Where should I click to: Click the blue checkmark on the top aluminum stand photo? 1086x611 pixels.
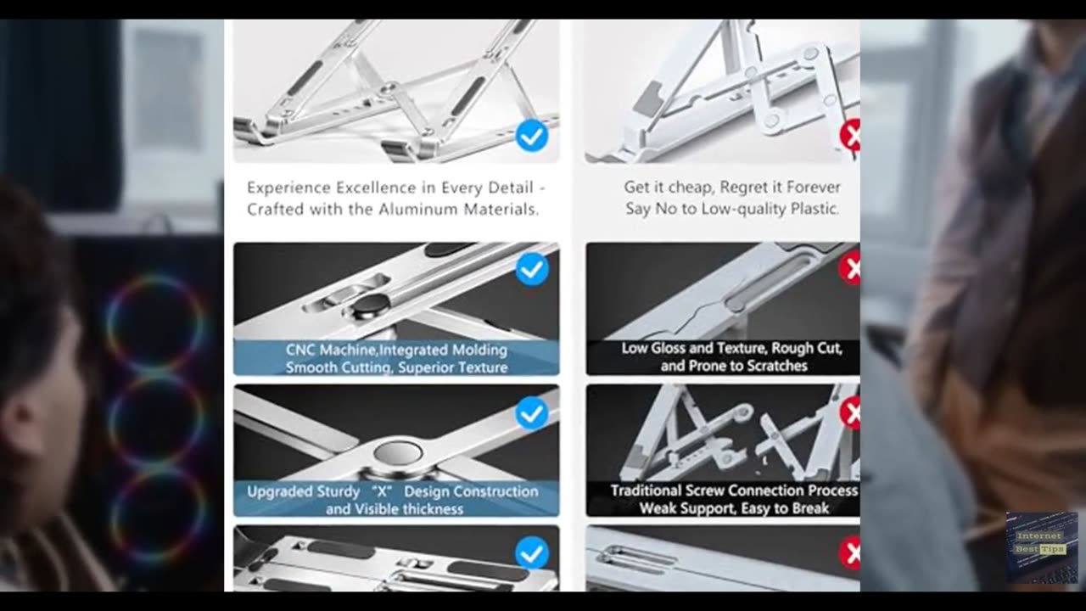532,136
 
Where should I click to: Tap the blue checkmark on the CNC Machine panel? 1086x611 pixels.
532,269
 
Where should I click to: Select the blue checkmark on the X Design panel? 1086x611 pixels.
532,413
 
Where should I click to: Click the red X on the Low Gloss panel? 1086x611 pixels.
850,268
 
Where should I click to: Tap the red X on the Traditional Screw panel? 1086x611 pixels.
850,412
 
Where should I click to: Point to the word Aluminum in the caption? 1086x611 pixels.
417,210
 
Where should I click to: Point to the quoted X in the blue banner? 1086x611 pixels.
382,491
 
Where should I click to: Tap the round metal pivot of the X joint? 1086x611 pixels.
398,454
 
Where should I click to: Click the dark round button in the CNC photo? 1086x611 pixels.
371,306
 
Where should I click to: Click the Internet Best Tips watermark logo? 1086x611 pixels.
1041,547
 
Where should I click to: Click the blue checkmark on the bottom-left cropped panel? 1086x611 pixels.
532,552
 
